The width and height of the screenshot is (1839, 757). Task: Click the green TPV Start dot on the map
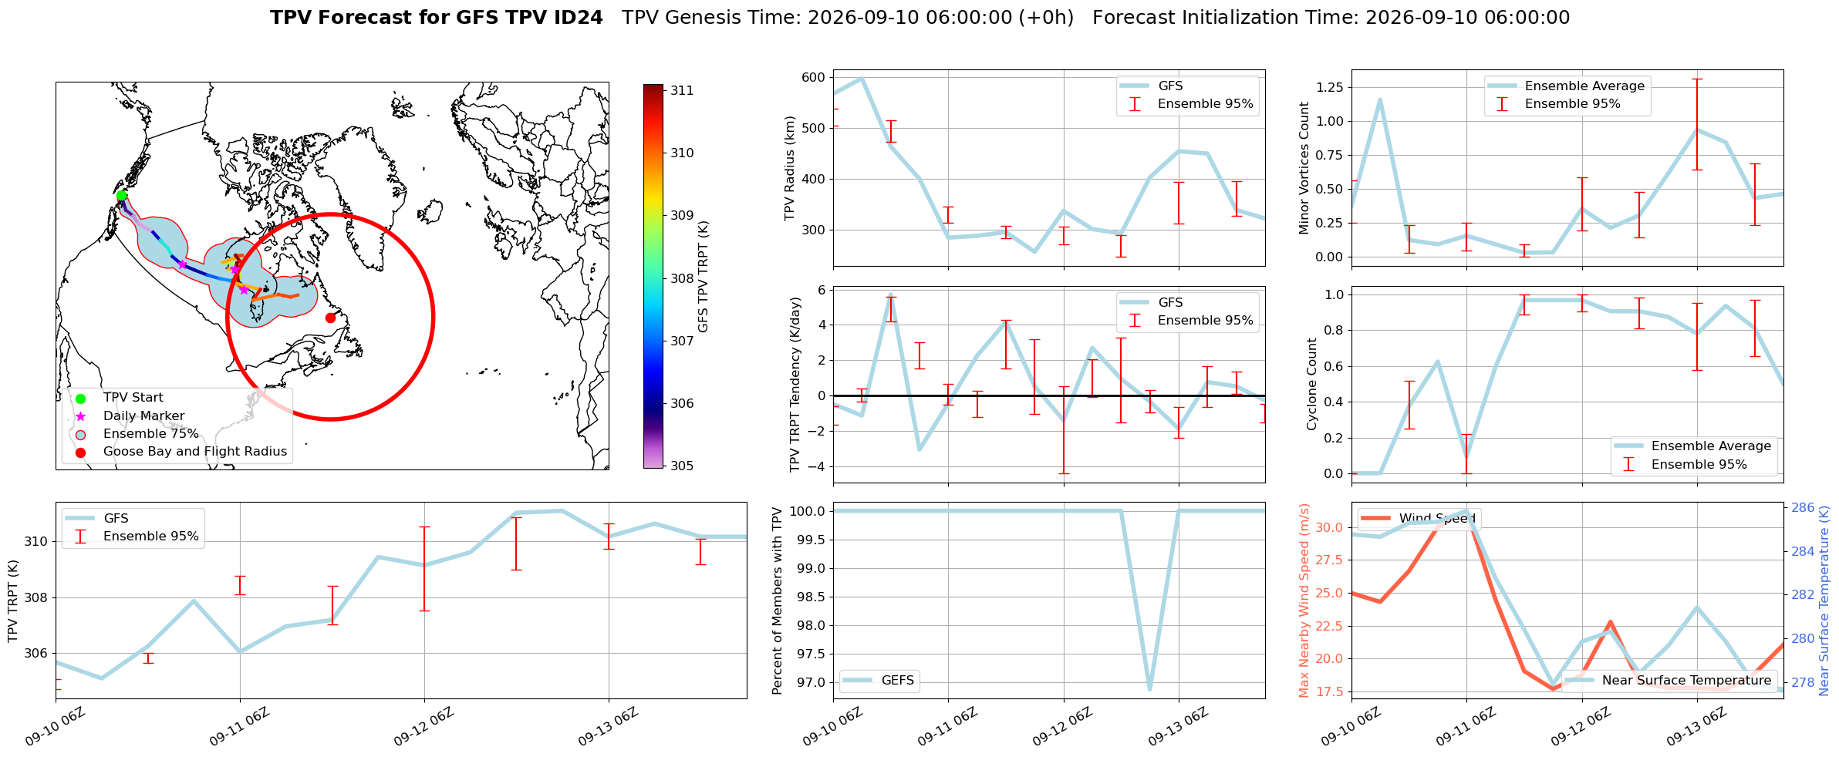pos(121,196)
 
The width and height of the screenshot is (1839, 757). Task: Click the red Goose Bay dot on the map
pos(330,318)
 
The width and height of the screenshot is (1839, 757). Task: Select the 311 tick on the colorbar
pos(682,90)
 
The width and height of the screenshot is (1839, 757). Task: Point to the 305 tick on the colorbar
pos(682,466)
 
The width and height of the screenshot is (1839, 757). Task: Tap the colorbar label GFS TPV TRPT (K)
pos(703,277)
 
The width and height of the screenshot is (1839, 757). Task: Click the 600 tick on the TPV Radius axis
pos(813,77)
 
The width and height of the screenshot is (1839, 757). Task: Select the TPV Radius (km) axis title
pos(789,168)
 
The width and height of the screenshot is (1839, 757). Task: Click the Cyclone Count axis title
pos(1311,384)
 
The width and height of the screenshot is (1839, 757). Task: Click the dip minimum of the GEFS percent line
pos(1150,689)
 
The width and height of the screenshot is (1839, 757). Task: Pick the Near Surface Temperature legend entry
pos(1686,681)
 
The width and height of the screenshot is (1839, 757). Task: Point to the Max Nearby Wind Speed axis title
pos(1304,601)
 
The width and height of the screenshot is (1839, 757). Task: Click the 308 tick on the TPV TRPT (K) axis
pos(35,597)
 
